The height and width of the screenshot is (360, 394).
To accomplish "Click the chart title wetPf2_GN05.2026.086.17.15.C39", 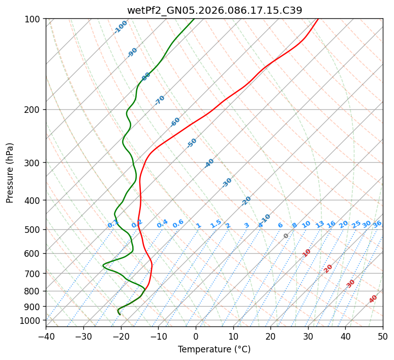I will click(215, 10).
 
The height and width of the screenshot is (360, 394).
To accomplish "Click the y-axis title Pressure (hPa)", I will click(10, 173).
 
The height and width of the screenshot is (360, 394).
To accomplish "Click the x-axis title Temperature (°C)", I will click(214, 349).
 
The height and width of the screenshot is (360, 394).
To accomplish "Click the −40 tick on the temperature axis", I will click(46, 336).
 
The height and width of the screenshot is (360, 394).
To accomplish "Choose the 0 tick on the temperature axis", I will click(196, 336).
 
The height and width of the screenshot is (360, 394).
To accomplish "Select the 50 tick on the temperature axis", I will click(383, 336).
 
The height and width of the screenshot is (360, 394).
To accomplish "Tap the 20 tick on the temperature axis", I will click(270, 336).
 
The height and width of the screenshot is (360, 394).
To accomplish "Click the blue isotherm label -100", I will click(120, 27).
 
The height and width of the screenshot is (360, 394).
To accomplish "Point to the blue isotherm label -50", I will click(192, 143).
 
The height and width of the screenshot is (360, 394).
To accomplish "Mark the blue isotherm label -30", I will click(227, 183).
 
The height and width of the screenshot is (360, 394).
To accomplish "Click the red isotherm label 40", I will click(373, 299).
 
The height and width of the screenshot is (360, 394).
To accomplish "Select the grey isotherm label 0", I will click(286, 236).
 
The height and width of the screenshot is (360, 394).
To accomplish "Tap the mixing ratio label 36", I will click(377, 224).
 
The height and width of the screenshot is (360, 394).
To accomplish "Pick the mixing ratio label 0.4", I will click(162, 224).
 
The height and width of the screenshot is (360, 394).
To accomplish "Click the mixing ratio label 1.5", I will click(216, 224).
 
